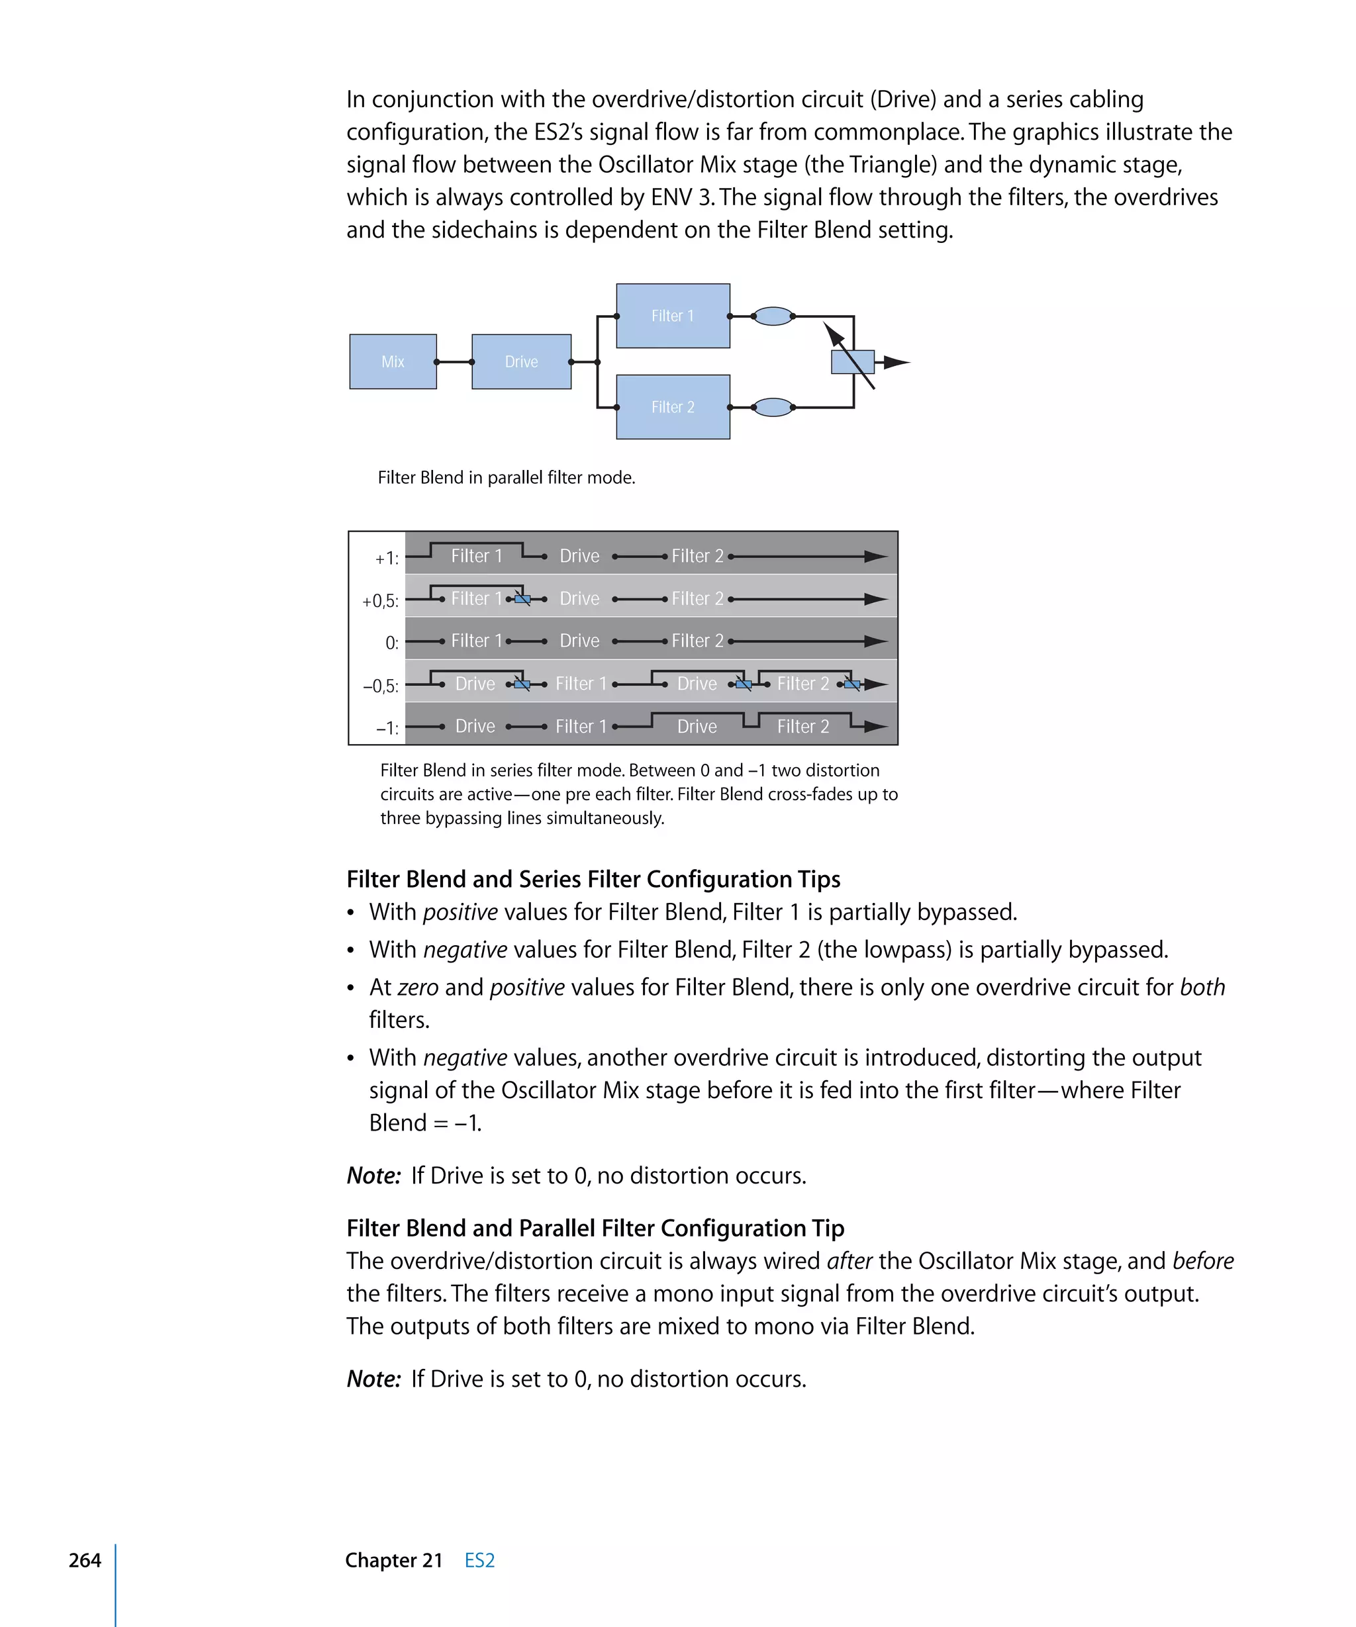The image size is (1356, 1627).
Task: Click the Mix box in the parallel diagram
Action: [x=393, y=362]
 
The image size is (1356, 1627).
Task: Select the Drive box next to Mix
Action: [x=520, y=362]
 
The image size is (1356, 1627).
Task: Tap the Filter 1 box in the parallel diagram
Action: [x=673, y=316]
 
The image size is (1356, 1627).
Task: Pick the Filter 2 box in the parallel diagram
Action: [x=673, y=406]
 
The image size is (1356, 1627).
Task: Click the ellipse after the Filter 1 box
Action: [x=773, y=316]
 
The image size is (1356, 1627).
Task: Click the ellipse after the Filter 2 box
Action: [x=773, y=406]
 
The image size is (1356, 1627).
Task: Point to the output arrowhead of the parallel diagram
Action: [x=896, y=362]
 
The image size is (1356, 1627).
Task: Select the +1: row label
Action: [x=387, y=559]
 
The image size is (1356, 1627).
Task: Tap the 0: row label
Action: [x=392, y=643]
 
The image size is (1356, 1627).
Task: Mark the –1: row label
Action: [x=387, y=728]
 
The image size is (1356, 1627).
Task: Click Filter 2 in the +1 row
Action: [x=697, y=556]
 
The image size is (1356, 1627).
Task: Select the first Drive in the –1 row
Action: [x=475, y=727]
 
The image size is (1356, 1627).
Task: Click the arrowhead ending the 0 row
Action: [x=875, y=641]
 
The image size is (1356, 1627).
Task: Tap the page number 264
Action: [x=85, y=1560]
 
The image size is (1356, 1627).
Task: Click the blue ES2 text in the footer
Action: [x=479, y=1560]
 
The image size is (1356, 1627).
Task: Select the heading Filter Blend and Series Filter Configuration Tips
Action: [x=593, y=879]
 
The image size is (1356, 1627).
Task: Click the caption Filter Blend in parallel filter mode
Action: [x=506, y=478]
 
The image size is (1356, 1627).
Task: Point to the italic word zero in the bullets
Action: [x=418, y=988]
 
